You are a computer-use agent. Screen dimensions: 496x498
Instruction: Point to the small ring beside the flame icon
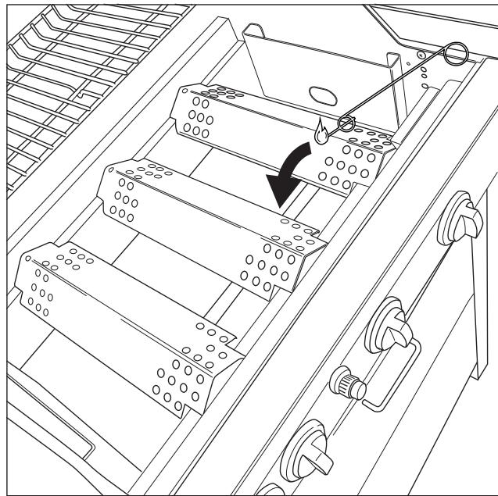(346, 123)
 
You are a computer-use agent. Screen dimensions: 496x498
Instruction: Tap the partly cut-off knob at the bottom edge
(270, 491)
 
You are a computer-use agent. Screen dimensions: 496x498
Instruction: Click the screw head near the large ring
(421, 56)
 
